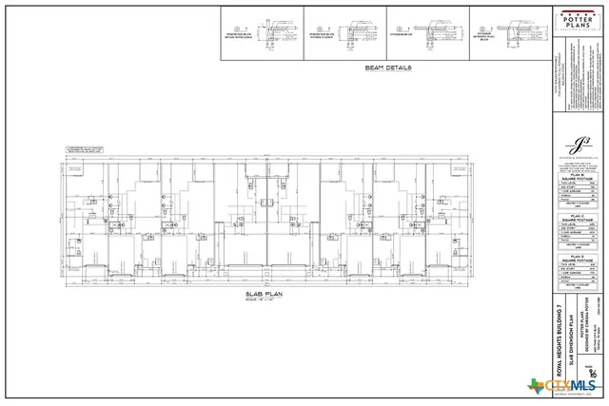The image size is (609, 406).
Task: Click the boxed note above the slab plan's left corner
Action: point(83,149)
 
